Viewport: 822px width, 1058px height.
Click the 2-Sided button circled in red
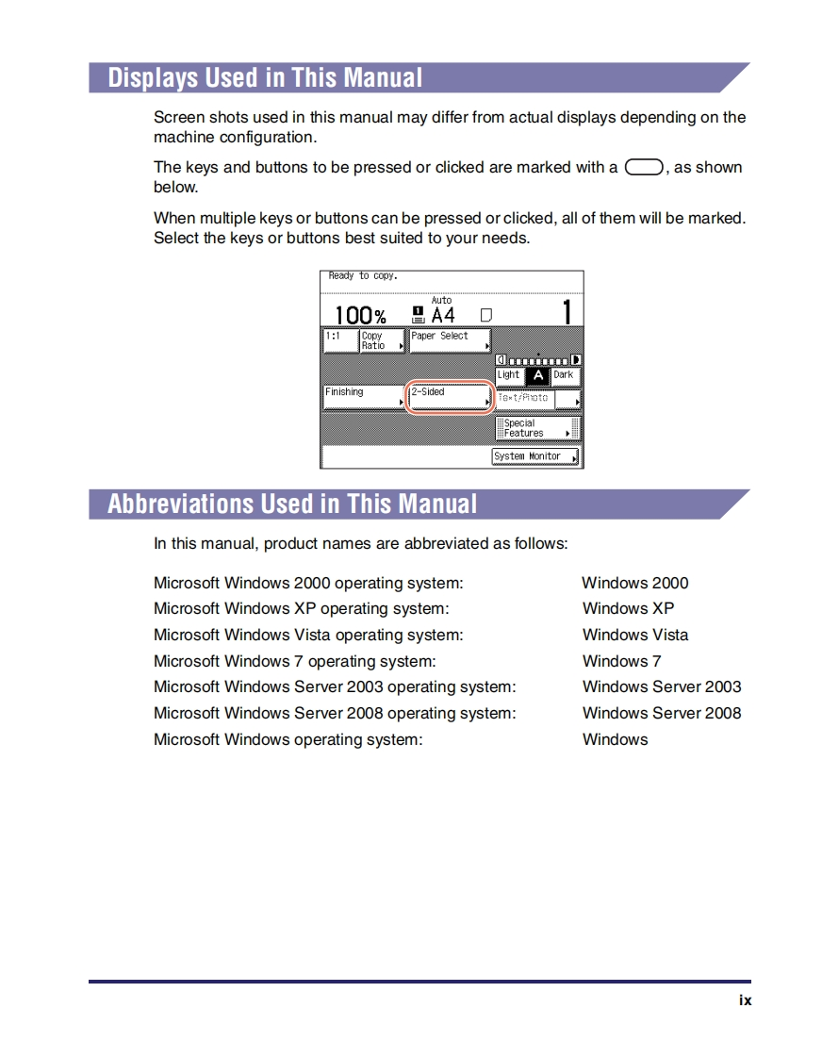pyautogui.click(x=450, y=397)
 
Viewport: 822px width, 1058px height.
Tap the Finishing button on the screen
pyautogui.click(x=364, y=397)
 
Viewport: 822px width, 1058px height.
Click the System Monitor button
pyautogui.click(x=535, y=456)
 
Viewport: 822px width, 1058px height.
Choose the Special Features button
pyautogui.click(x=536, y=428)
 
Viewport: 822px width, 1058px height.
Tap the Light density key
pyautogui.click(x=508, y=375)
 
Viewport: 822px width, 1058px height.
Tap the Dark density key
pyautogui.click(x=564, y=375)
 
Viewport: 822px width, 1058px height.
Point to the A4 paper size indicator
pyautogui.click(x=443, y=315)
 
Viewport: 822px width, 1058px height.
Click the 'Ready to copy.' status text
pyautogui.click(x=363, y=276)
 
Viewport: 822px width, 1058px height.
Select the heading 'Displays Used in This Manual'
pyautogui.click(x=265, y=77)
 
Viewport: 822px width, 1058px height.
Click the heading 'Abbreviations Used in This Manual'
pyautogui.click(x=292, y=504)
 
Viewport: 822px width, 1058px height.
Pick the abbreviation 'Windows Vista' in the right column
pyautogui.click(x=635, y=635)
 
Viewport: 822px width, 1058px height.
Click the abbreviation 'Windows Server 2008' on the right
pyautogui.click(x=662, y=713)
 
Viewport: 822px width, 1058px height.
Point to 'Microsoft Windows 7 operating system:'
pyautogui.click(x=295, y=661)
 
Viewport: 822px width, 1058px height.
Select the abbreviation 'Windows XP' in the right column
pyautogui.click(x=628, y=608)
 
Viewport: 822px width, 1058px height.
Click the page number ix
pyautogui.click(x=745, y=1000)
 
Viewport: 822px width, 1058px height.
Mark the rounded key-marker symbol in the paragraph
pyautogui.click(x=644, y=168)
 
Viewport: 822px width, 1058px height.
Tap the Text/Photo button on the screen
pyautogui.click(x=524, y=399)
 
